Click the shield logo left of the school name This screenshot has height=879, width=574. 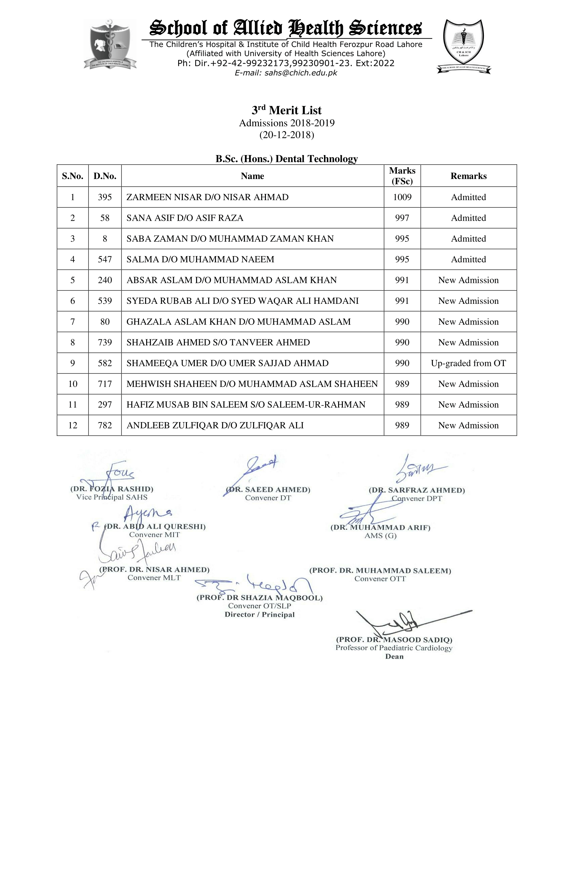tap(110, 44)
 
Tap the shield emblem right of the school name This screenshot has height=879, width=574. tap(463, 46)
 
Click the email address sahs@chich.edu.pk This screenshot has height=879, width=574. tap(286, 73)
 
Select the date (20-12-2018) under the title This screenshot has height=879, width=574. tap(286, 135)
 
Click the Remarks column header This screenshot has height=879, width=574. tap(468, 176)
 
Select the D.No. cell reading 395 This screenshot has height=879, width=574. tap(105, 197)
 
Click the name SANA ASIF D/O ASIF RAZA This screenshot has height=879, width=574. tap(185, 218)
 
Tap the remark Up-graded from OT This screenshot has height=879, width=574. tap(468, 363)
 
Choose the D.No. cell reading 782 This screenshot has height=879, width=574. tap(105, 425)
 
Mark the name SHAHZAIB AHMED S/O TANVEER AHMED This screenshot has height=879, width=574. tap(218, 342)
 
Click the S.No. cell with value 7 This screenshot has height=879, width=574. tap(73, 322)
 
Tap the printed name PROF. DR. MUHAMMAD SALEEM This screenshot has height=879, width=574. tap(380, 570)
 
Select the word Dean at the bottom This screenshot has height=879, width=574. tap(394, 656)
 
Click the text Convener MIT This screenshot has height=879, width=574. tap(154, 534)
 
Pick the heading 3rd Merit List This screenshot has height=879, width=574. tap(286, 110)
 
